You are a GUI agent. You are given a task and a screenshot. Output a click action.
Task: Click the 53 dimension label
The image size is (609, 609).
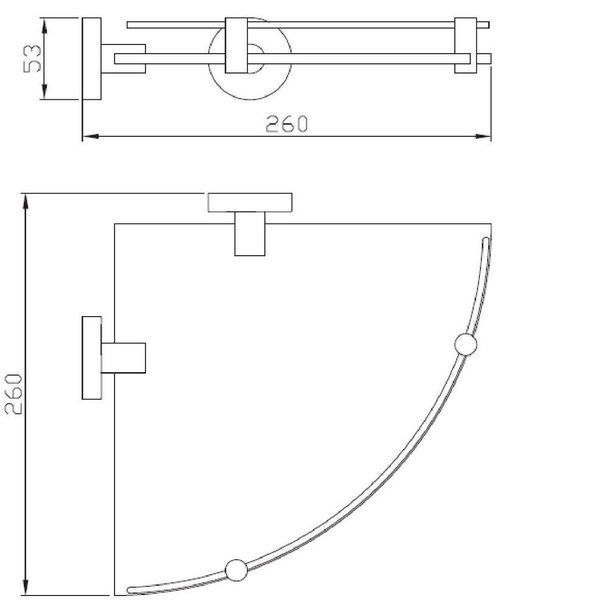pos(32,58)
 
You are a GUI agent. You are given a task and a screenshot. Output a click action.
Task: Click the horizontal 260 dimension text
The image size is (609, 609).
pos(287,124)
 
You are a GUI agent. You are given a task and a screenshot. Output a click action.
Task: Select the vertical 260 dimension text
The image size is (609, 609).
pos(13,394)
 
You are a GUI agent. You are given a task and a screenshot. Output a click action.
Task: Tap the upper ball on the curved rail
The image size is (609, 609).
pos(466,345)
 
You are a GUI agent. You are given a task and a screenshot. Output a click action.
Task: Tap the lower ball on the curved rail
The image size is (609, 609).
pos(236,570)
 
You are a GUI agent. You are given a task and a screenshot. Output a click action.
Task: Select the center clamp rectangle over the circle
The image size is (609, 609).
pos(236,46)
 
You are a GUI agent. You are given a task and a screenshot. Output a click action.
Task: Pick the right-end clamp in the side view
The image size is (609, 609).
pos(466,46)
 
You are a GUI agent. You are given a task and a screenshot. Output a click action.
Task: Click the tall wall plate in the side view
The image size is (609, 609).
pos(91,58)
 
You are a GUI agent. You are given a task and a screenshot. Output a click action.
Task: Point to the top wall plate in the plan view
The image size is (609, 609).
pos(250,202)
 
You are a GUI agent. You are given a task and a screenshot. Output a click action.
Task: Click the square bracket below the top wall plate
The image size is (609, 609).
pos(250,234)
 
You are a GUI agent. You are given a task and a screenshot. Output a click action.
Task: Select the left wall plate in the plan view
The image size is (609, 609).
pos(91,357)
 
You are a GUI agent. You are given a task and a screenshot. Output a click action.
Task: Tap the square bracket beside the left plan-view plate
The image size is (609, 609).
pos(123,357)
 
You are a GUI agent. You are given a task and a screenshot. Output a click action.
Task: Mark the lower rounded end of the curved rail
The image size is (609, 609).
pos(131,590)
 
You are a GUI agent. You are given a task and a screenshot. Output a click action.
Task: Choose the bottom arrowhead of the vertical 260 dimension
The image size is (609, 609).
pos(26,591)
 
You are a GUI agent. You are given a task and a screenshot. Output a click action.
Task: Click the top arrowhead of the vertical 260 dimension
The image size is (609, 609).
pos(26,199)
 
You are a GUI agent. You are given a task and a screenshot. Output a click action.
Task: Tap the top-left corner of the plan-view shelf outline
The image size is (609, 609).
pos(115,224)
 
